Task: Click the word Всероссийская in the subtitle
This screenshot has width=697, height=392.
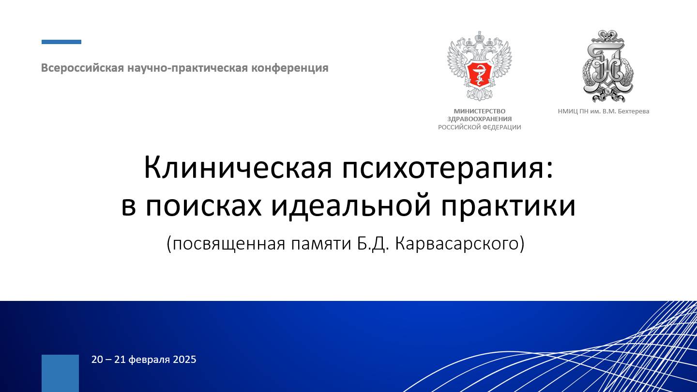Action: [x=82, y=68]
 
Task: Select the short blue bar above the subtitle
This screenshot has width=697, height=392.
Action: [x=61, y=42]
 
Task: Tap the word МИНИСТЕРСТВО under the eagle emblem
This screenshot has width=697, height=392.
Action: [x=479, y=111]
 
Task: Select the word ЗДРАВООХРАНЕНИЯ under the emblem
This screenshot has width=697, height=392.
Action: [x=479, y=119]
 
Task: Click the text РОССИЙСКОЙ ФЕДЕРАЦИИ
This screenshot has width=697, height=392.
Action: [x=479, y=127]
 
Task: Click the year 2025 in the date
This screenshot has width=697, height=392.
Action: [x=184, y=360]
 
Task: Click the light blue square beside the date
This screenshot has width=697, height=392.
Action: [x=60, y=373]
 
